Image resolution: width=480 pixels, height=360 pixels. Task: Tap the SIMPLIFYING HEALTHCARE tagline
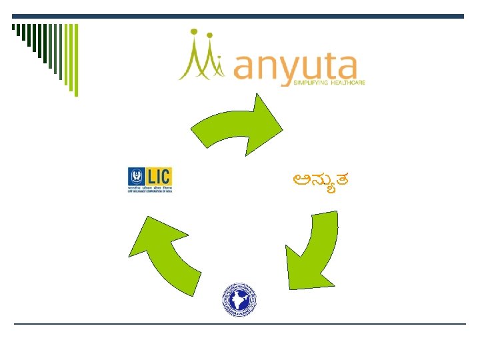click(329, 83)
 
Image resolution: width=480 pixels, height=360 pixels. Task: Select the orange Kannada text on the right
click(322, 179)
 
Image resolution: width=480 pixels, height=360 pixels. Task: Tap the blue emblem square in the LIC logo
click(135, 177)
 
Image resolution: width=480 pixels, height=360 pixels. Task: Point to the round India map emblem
click(238, 299)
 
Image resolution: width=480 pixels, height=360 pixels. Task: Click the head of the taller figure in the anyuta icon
click(193, 31)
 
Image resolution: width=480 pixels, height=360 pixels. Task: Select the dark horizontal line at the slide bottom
click(240, 324)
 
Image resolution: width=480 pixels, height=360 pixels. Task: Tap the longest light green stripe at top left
click(75, 59)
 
